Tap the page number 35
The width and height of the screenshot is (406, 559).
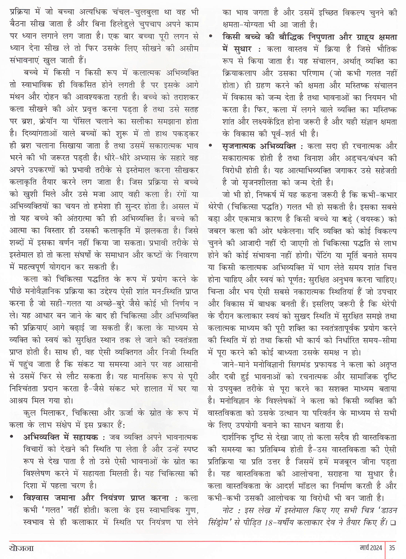coord(392,548)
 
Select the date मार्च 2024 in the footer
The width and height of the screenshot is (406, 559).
coord(369,548)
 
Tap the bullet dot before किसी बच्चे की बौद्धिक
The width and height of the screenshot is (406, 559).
coord(210,36)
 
